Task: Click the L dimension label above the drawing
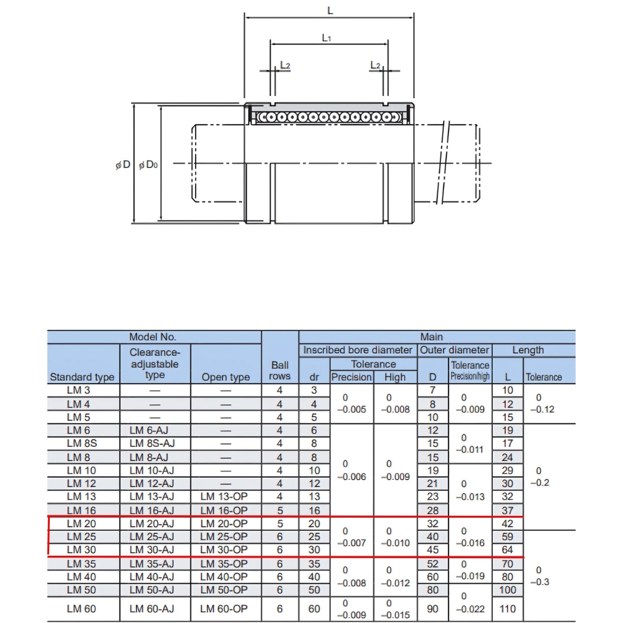[330, 11]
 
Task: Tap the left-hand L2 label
[285, 65]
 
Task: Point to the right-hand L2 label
[375, 65]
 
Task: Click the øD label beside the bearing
[123, 164]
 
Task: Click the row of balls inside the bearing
[327, 117]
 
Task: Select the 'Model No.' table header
[154, 337]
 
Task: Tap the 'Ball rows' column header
[280, 371]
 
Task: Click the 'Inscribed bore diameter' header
[358, 350]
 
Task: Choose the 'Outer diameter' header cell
[455, 350]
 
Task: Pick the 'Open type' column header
[225, 377]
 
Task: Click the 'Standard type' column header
[82, 377]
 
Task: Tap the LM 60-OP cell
[225, 609]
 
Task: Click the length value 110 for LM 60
[508, 609]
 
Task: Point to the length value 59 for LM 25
[508, 536]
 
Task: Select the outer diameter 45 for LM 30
[432, 549]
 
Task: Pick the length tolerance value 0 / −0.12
[540, 404]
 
